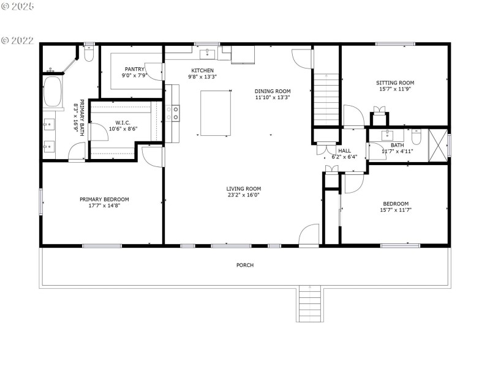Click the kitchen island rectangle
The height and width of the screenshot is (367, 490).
click(216, 113)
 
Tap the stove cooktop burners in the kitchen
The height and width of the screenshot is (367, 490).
click(175, 113)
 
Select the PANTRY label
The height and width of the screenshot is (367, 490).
click(134, 69)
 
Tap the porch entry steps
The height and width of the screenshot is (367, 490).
click(309, 304)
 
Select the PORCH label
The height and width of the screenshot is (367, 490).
click(245, 265)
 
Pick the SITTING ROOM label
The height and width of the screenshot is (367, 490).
click(395, 83)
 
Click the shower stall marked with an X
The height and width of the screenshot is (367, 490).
click(438, 145)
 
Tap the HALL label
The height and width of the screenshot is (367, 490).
click(344, 150)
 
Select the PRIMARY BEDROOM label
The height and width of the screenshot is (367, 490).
click(104, 199)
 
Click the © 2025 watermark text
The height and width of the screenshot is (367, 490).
click(18, 6)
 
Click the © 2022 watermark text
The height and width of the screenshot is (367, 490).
click(18, 40)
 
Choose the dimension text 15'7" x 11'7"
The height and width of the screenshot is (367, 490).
click(396, 210)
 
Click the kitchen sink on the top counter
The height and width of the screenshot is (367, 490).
click(208, 53)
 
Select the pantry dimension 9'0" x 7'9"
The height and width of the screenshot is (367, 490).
click(135, 76)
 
